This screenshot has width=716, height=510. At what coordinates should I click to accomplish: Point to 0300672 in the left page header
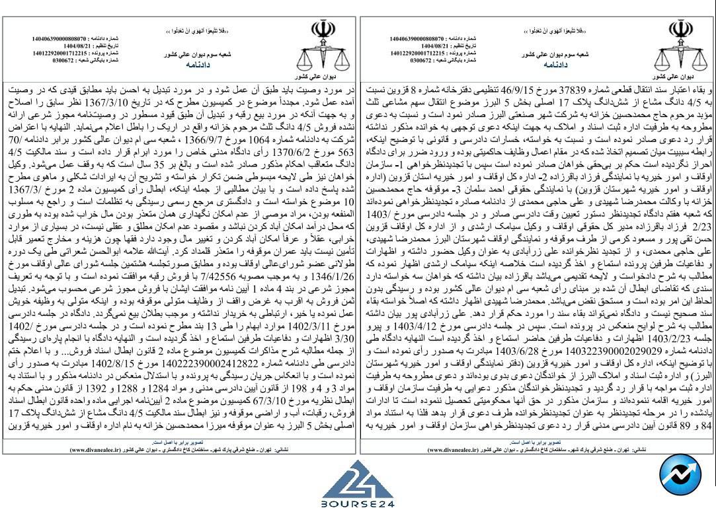click(63, 60)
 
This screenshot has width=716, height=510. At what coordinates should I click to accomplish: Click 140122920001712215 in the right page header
click(417, 53)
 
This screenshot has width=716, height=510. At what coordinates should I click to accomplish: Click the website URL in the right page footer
click(457, 449)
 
